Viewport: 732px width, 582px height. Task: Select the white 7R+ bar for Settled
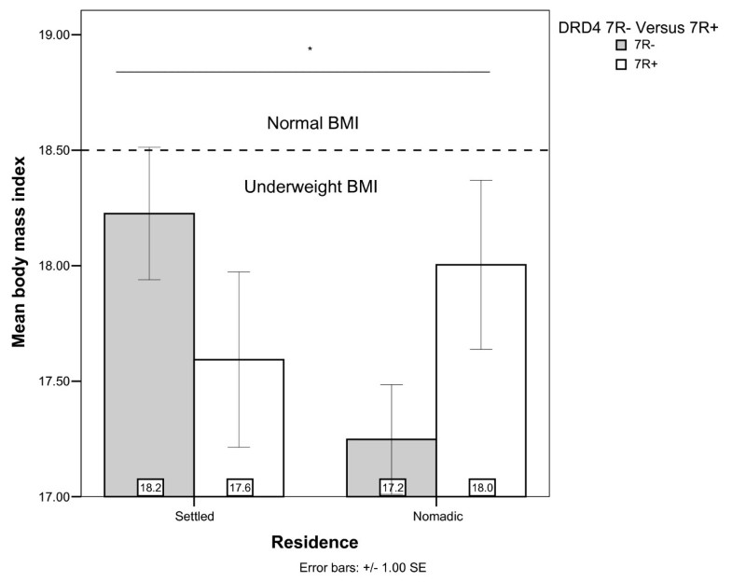(239, 420)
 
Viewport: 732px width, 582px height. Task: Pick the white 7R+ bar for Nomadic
(481, 373)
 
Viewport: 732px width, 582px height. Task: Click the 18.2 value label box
(150, 486)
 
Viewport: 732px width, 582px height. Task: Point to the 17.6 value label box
(240, 486)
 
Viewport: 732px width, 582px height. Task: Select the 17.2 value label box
(393, 486)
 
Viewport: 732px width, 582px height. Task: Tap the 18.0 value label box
(482, 486)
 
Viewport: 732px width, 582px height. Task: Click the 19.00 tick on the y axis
(50, 35)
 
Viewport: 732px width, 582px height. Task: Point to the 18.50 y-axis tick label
(50, 150)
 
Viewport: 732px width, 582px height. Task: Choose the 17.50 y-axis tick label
(50, 381)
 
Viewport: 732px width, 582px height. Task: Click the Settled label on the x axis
(194, 515)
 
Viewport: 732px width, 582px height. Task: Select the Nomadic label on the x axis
(437, 515)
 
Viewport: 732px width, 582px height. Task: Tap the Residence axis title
(314, 542)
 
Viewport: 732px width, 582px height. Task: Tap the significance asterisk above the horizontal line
(310, 50)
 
